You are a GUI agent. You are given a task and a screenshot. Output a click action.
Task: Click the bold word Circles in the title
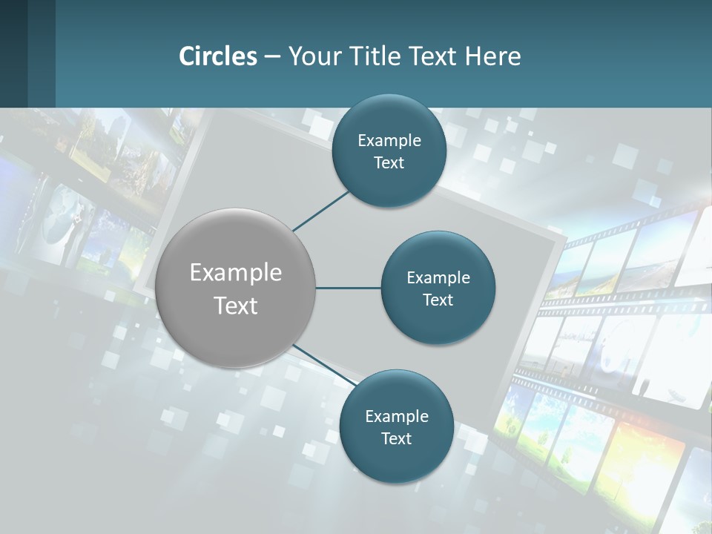(218, 56)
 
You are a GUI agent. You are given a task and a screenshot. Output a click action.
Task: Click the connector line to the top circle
(322, 211)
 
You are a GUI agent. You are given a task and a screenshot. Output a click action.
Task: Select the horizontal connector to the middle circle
(349, 288)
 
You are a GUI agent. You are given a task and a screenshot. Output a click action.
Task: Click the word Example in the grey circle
(236, 272)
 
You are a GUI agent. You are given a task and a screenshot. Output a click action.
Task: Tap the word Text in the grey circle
(236, 305)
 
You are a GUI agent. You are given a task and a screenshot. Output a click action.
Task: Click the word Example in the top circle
(389, 140)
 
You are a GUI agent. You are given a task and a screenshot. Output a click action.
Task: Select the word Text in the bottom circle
(396, 438)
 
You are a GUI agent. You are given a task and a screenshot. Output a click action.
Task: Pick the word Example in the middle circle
(438, 277)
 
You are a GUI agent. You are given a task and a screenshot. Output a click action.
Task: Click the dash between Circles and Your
(272, 56)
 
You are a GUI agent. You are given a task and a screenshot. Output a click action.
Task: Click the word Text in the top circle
(389, 162)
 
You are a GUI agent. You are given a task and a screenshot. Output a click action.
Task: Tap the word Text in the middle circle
(438, 300)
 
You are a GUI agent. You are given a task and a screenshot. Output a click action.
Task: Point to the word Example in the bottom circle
(397, 416)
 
